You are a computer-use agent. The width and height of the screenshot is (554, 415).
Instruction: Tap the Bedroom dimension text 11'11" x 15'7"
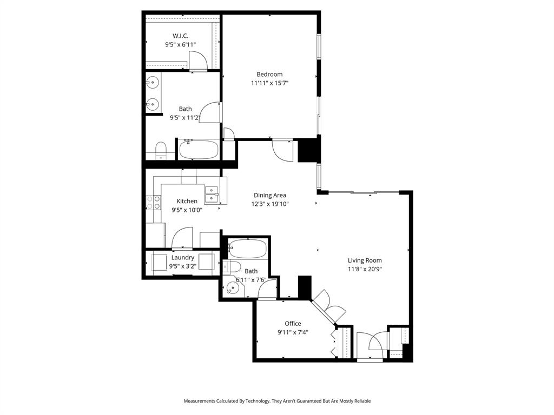click(269, 83)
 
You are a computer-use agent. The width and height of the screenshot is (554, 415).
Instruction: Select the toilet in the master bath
click(161, 151)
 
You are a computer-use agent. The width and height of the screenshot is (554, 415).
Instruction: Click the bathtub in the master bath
click(198, 149)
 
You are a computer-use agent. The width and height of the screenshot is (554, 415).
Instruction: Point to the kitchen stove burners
click(153, 202)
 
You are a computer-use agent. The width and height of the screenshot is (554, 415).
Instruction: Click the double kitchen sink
click(212, 195)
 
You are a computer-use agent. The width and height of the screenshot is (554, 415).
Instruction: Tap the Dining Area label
click(269, 195)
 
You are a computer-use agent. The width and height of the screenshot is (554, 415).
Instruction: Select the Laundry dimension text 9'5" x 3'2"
click(182, 266)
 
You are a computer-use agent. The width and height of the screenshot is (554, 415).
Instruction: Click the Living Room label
click(365, 260)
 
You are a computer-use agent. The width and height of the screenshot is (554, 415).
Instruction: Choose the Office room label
click(293, 324)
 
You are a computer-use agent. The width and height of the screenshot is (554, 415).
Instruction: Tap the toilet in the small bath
click(231, 266)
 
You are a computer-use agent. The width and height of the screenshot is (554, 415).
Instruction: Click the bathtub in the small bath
click(247, 249)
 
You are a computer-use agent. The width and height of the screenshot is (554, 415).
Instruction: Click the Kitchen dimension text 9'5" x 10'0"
click(187, 210)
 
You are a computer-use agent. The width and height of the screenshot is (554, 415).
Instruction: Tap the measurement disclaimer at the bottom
click(277, 401)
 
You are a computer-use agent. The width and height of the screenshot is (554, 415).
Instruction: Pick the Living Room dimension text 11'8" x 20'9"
click(365, 269)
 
